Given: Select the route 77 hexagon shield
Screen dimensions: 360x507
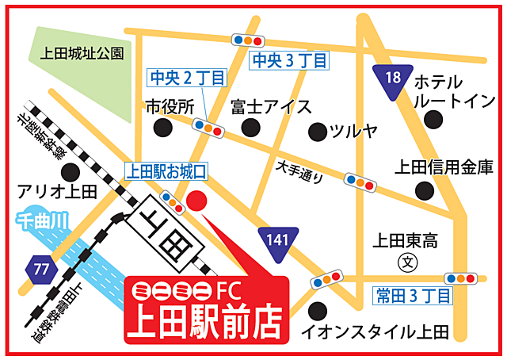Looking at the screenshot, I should (x=41, y=269).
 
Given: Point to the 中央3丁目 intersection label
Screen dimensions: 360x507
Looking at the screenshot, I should (x=288, y=60).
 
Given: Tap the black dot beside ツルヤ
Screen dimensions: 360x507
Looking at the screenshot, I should (x=317, y=131).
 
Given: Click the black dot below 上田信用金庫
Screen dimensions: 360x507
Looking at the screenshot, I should (x=425, y=190).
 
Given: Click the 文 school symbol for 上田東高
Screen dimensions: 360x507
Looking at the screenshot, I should (x=406, y=260).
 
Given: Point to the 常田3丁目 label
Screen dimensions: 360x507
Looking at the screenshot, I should (x=412, y=296).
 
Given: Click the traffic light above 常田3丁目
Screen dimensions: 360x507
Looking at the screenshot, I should (x=461, y=278).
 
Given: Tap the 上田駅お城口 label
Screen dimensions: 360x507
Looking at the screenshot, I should (x=166, y=170).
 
